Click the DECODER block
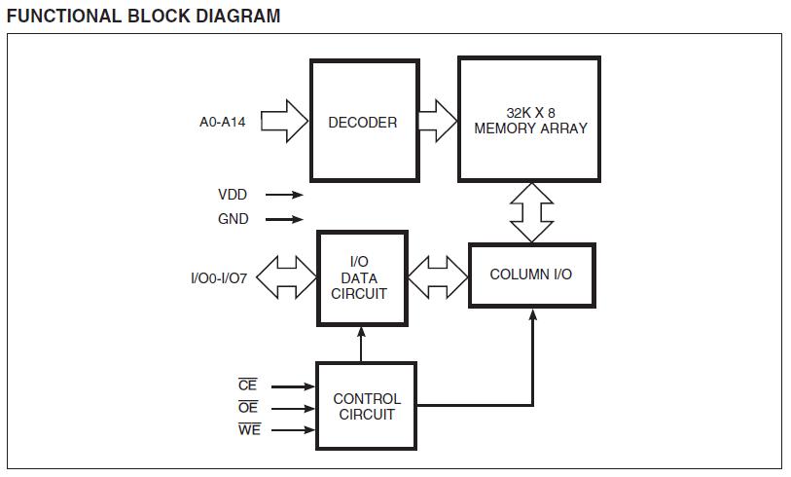click(x=362, y=122)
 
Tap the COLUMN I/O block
click(x=531, y=275)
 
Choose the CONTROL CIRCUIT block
click(x=366, y=406)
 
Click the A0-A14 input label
click(x=224, y=123)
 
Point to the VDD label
click(x=234, y=195)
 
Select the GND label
click(x=234, y=219)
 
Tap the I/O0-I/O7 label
click(x=219, y=278)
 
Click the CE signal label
click(x=248, y=386)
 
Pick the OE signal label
click(x=249, y=409)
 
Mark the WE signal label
click(x=249, y=430)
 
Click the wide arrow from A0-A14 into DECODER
click(x=284, y=123)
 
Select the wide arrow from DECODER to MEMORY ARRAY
click(x=437, y=122)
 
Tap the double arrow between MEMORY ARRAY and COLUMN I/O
click(x=531, y=212)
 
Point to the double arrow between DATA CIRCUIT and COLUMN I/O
click(x=438, y=276)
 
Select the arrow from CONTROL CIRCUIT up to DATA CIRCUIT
click(x=362, y=345)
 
